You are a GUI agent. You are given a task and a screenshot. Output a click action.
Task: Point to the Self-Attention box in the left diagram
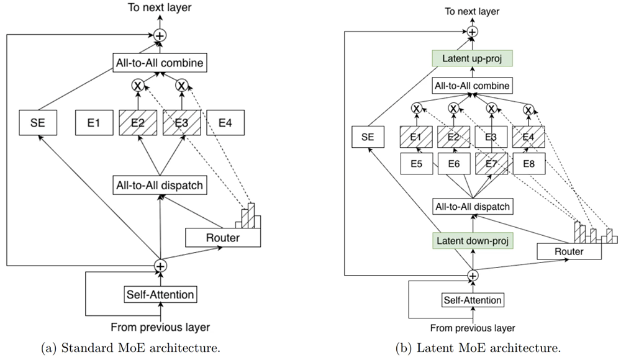[160, 294]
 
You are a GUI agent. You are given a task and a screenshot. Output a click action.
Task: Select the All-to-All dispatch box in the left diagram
[160, 184]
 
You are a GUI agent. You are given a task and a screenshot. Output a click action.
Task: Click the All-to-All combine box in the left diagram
[160, 63]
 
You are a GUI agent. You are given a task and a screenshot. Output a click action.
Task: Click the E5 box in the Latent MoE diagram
[416, 164]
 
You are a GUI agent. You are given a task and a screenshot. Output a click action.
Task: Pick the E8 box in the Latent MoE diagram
[528, 164]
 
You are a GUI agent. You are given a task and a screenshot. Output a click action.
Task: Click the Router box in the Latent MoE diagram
[569, 251]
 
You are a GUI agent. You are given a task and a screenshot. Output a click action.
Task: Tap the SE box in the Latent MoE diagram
[368, 137]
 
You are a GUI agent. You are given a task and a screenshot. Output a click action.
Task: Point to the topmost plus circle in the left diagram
[160, 36]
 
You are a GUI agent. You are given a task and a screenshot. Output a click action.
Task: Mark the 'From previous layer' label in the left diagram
[160, 327]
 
